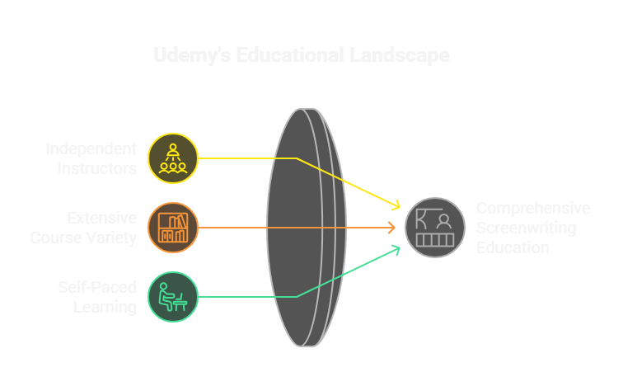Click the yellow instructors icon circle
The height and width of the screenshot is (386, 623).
173,158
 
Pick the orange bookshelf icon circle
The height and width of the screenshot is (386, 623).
173,227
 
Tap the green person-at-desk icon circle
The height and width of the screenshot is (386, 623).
173,296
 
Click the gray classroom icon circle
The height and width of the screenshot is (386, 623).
435,227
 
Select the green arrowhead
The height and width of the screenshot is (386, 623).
396,248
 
